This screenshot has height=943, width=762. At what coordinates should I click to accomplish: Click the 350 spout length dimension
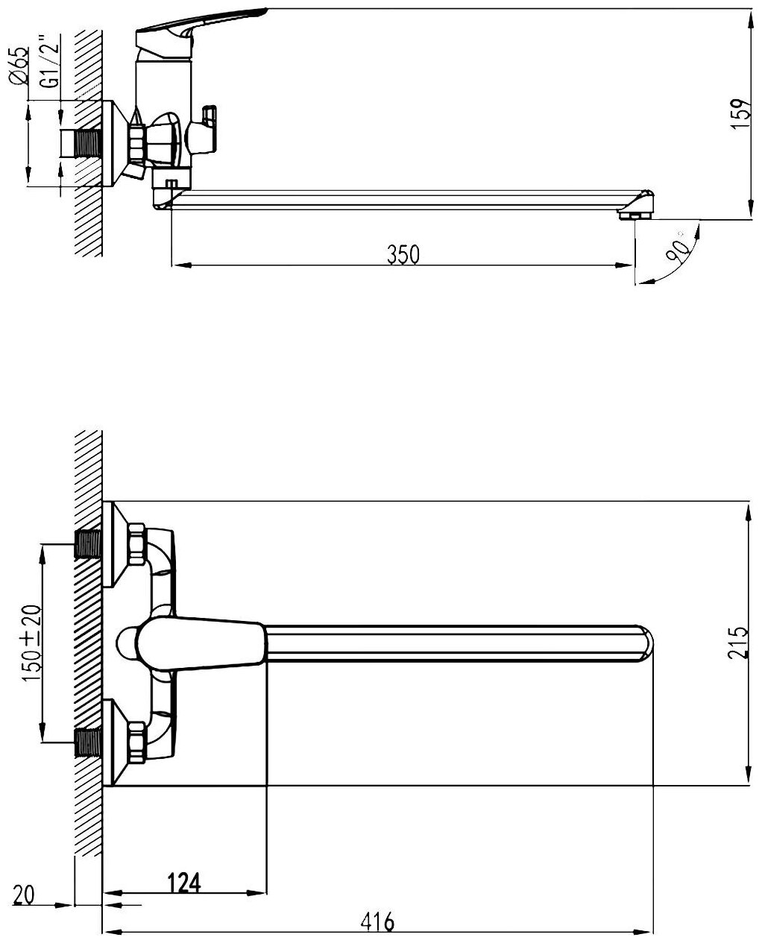click(x=403, y=254)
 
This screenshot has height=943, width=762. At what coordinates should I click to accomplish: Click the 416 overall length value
click(x=377, y=922)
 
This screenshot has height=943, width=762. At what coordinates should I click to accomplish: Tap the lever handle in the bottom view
click(x=201, y=640)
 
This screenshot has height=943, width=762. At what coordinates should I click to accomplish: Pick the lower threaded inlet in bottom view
click(x=89, y=742)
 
